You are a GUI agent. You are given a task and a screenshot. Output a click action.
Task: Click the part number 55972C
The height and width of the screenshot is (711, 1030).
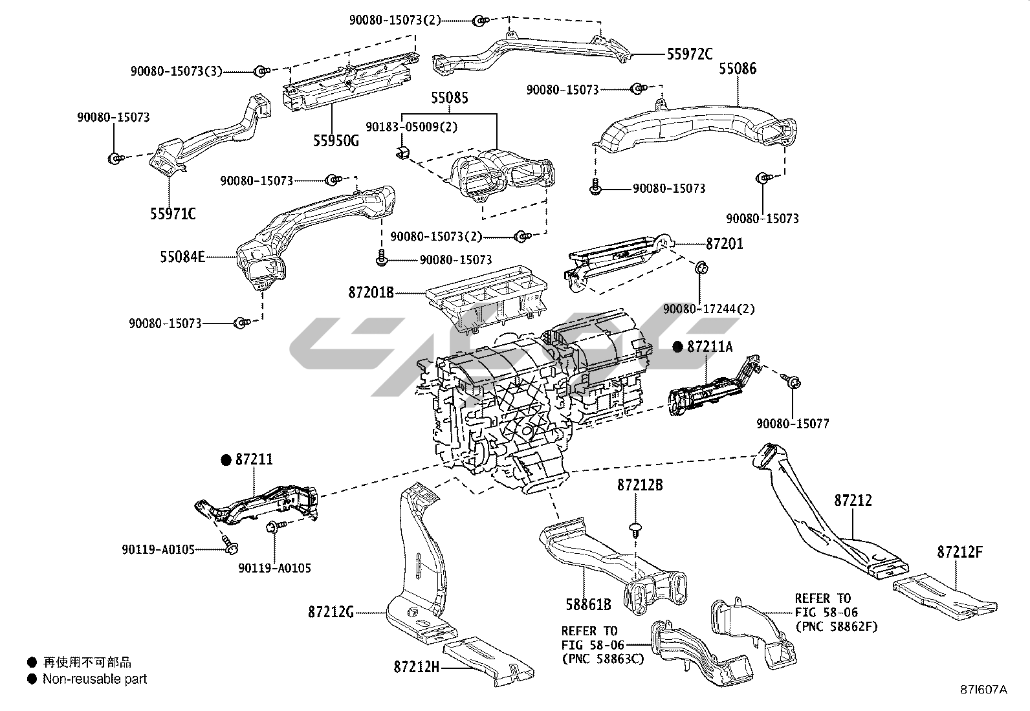(690, 54)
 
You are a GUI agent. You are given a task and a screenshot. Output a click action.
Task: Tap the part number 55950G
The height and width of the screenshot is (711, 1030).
(336, 140)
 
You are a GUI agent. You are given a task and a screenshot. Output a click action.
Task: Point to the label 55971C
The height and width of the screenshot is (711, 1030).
(173, 213)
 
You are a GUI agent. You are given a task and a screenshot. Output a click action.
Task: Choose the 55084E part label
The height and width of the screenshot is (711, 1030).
(182, 257)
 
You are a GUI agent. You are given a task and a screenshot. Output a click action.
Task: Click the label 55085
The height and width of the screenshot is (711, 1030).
(450, 98)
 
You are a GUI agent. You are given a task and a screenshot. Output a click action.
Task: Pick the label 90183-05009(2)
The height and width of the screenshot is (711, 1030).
(411, 127)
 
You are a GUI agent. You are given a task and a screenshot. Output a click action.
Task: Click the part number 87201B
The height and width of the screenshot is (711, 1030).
(371, 292)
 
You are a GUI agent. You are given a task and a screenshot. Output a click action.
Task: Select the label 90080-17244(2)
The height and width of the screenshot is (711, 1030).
(709, 309)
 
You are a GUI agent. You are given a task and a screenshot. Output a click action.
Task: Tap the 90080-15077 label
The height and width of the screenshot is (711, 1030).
(793, 424)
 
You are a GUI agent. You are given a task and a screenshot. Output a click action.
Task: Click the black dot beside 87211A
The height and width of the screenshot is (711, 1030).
(677, 347)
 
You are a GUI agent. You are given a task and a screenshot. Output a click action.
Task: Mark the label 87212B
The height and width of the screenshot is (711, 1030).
(639, 485)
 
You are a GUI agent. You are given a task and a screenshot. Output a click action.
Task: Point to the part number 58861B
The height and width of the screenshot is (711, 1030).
(589, 605)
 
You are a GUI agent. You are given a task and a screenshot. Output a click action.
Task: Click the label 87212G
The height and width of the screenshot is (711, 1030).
(331, 611)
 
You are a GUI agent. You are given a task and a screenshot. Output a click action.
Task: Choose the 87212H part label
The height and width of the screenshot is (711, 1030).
(416, 666)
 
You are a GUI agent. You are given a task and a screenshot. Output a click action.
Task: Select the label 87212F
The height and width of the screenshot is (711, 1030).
(960, 552)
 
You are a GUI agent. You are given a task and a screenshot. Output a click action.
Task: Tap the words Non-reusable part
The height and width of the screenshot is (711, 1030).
(94, 679)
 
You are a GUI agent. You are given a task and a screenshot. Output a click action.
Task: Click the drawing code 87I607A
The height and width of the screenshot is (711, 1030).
(983, 690)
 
